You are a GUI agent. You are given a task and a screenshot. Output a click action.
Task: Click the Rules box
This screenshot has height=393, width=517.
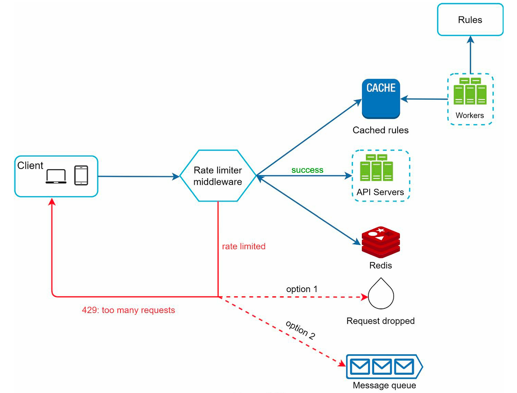tap(470, 20)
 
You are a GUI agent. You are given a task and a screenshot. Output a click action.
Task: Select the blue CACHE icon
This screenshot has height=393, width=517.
tap(381, 99)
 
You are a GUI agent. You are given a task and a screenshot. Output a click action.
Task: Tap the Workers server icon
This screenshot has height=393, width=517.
tap(470, 91)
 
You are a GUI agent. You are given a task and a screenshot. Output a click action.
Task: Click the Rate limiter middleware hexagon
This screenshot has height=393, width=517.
tap(218, 176)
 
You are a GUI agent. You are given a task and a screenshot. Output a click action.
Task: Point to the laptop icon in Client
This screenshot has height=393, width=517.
tap(56, 176)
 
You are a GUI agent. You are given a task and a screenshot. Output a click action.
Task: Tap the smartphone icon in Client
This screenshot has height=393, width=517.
tap(81, 176)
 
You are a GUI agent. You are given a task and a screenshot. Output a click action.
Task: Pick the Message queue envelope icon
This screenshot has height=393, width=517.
tap(381, 367)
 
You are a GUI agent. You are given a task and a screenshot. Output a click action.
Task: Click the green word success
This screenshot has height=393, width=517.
tap(307, 170)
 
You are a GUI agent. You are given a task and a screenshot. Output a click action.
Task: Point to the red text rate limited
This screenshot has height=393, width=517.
tap(243, 246)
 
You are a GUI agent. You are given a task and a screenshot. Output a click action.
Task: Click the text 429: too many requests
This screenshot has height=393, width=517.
tap(128, 310)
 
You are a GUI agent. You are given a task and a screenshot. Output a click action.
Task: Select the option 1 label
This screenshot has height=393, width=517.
tap(302, 289)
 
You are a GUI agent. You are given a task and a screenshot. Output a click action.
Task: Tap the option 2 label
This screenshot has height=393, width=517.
tap(300, 330)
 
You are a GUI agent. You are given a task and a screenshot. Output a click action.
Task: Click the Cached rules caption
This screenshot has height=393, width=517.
tap(380, 130)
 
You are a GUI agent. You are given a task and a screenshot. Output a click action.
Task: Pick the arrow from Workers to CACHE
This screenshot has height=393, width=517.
tap(424, 99)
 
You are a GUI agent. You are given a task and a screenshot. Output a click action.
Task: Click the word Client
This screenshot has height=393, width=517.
tap(30, 166)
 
